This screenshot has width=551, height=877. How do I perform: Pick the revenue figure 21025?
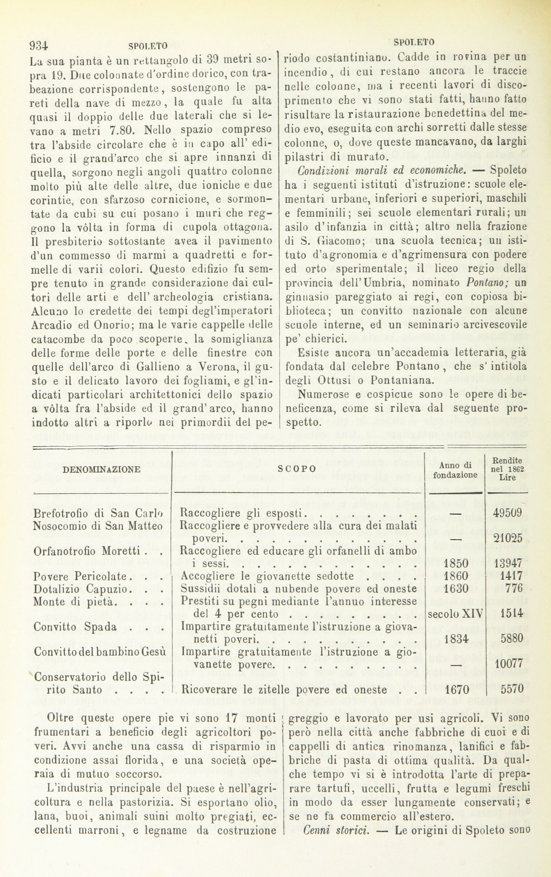coord(508,538)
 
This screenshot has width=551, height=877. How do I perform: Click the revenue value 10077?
coord(509,664)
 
